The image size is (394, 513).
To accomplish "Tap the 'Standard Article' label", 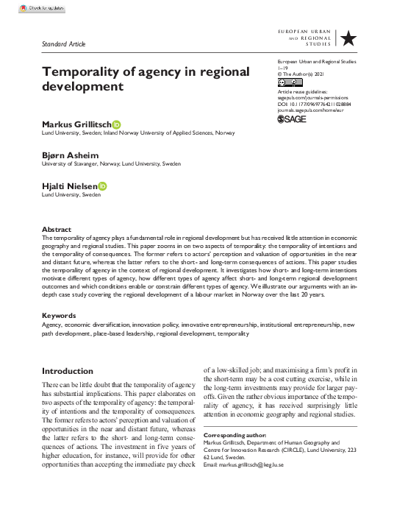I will click(65, 43).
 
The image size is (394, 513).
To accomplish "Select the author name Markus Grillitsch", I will click(76, 124).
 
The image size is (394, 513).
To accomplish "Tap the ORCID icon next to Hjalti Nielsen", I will click(101, 186).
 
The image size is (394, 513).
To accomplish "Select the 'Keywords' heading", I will click(59, 336).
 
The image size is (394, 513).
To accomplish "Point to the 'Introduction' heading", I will click(68, 371).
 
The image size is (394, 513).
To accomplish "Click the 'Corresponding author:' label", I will click(234, 436).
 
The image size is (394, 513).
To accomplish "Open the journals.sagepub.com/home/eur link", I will click(312, 110).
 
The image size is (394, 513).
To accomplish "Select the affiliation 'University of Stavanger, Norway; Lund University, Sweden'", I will click(111, 163).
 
